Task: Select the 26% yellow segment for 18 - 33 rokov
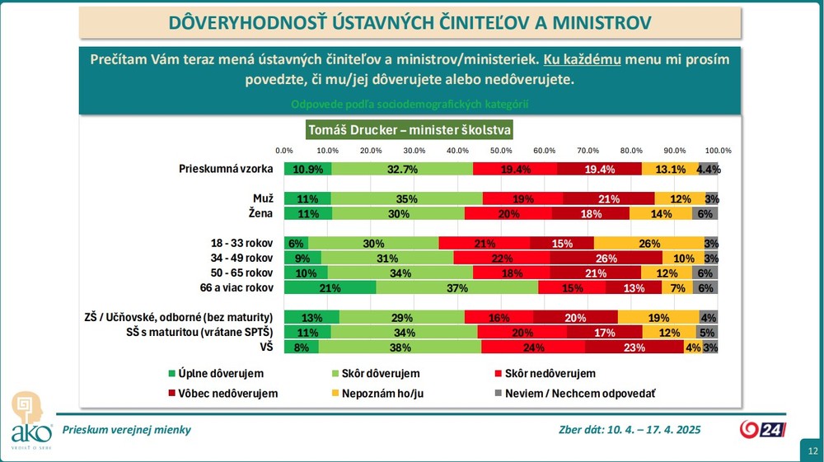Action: (648, 243)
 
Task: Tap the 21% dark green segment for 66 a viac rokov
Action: (330, 287)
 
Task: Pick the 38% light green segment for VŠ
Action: (400, 347)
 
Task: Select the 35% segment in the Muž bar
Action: (406, 198)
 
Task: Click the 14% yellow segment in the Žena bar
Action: (661, 213)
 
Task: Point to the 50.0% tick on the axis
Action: (500, 151)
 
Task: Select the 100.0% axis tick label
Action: (719, 151)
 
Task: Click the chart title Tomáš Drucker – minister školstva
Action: (410, 130)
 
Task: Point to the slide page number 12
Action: (812, 451)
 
